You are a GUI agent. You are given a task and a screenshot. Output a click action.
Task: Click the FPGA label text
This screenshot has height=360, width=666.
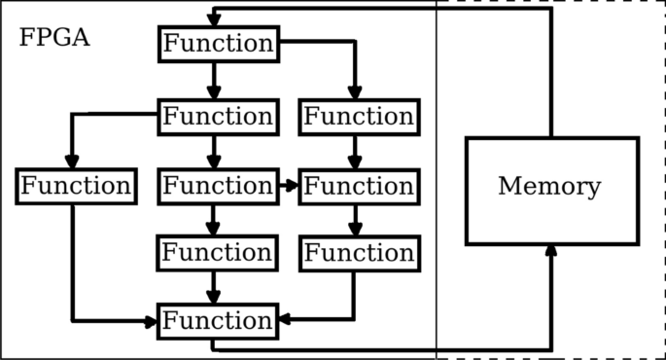[54, 39]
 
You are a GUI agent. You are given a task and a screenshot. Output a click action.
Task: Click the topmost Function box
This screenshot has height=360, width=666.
[217, 44]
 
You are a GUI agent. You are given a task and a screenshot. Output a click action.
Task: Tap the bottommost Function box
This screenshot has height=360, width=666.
[217, 320]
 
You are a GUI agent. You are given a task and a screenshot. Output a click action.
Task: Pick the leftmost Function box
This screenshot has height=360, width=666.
[75, 185]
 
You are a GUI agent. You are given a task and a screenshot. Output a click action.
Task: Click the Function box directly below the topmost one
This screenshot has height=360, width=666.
[217, 116]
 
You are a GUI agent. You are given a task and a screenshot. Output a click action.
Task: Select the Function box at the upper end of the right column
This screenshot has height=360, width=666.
[359, 116]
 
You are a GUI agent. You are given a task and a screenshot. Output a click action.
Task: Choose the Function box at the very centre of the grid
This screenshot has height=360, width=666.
[217, 185]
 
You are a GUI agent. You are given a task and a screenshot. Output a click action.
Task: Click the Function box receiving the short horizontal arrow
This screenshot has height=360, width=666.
[359, 185]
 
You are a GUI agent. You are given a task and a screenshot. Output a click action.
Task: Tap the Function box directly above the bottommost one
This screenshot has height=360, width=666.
[217, 253]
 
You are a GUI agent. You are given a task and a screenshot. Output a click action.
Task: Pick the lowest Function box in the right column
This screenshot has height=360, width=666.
[359, 253]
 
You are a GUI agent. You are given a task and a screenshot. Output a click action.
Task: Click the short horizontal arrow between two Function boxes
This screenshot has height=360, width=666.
[288, 184]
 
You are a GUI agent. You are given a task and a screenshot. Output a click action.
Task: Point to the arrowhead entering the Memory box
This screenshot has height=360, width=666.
[551, 252]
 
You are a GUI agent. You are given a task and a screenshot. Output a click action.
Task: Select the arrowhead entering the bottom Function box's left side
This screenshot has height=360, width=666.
[152, 321]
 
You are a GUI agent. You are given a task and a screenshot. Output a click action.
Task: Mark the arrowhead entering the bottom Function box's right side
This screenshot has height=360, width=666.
[283, 318]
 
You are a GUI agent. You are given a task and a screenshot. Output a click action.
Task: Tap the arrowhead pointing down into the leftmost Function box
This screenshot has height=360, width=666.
[71, 162]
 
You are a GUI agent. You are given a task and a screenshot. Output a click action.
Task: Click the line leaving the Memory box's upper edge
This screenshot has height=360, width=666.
[551, 88]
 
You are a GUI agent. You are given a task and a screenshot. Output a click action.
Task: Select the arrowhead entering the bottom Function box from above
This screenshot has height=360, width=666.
[214, 296]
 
